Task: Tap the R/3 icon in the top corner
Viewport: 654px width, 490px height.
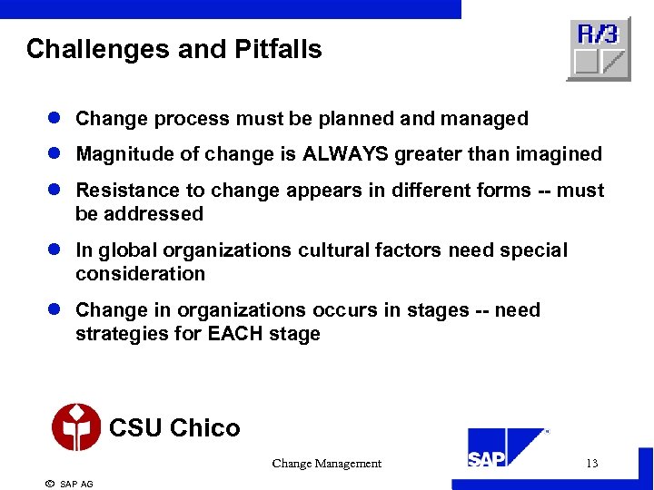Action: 598,49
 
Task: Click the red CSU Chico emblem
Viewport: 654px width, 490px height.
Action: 76,426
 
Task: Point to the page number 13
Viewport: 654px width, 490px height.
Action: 591,464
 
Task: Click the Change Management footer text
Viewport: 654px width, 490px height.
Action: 326,464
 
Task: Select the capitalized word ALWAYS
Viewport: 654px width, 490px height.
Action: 345,155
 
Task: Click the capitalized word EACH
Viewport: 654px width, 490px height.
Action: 235,334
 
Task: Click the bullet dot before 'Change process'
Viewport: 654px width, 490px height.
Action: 56,119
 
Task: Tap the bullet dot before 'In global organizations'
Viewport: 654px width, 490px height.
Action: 56,250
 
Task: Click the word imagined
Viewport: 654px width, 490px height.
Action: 559,155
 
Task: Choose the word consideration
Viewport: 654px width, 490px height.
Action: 141,274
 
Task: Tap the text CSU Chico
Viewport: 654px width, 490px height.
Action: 174,428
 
